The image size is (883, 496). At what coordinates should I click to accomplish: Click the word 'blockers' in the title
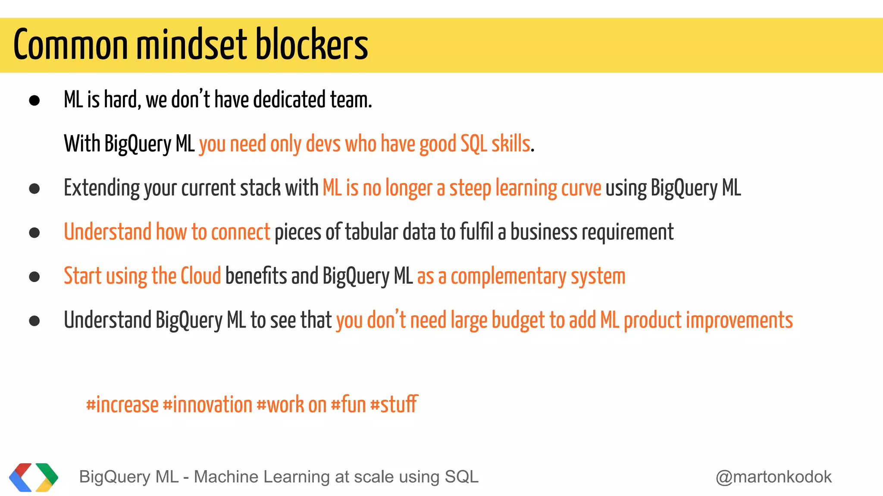point(311,45)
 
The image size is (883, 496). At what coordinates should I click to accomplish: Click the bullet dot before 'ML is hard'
point(34,101)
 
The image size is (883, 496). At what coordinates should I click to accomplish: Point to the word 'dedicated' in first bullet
point(289,100)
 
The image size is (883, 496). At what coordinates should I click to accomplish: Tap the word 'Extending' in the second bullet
point(102,188)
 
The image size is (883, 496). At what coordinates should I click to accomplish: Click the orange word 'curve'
point(583,188)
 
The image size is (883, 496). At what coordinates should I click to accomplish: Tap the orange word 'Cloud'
point(200,276)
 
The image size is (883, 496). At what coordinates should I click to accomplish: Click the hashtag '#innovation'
point(207,405)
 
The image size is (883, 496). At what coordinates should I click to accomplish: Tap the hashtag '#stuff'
point(394,404)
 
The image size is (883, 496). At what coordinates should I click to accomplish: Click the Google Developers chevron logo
point(34,477)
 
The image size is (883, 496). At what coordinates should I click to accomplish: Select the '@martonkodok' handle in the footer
point(773,477)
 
